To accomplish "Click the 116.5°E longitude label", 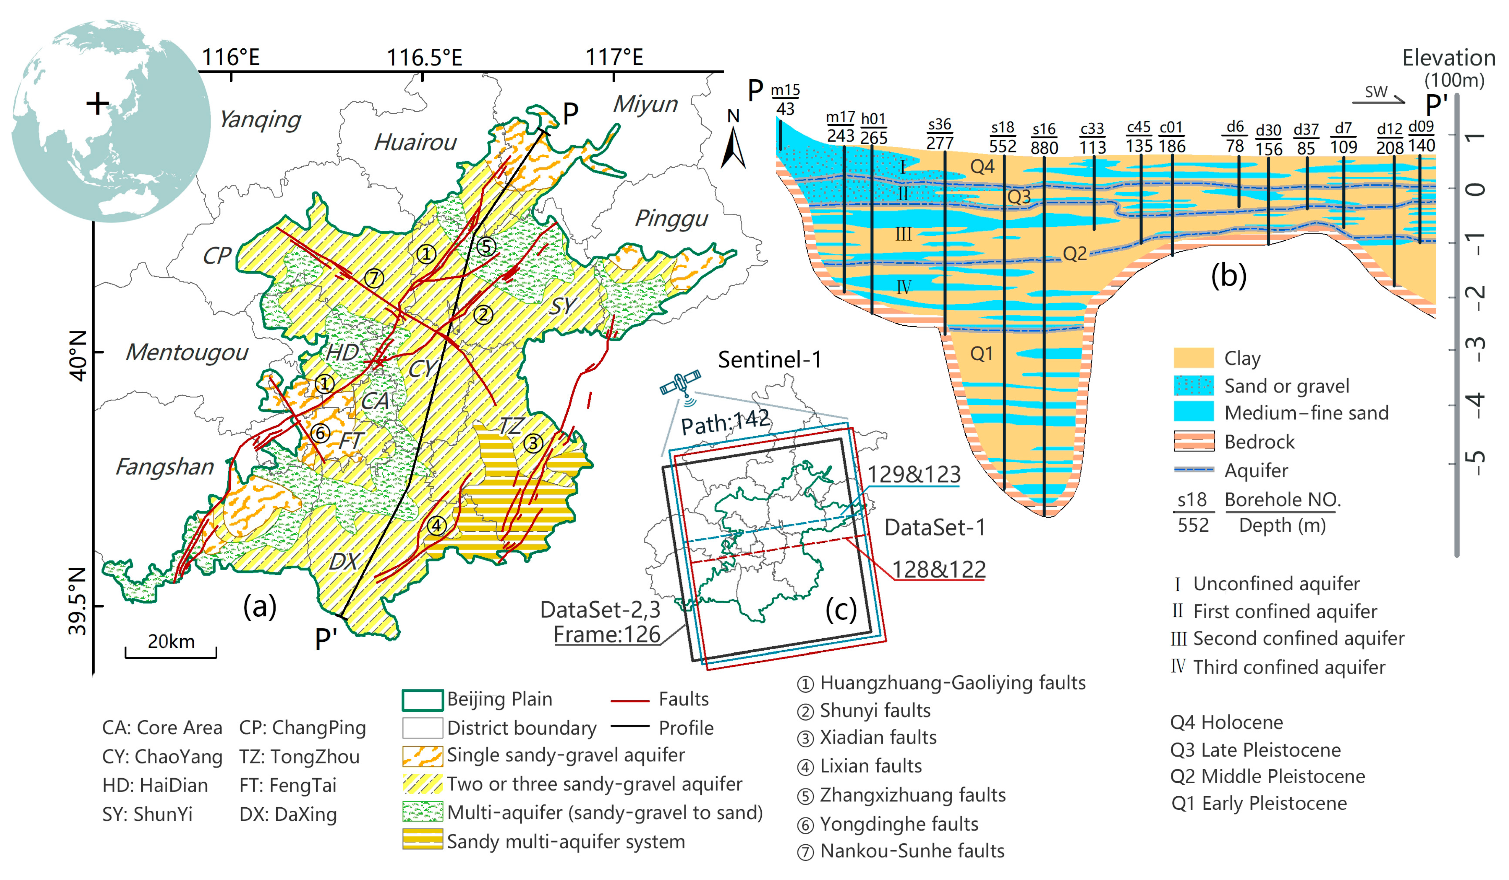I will tap(424, 58).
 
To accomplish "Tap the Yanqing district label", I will tap(259, 120).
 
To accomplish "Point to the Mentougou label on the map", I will tap(187, 353).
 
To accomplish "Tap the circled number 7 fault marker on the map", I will tap(374, 278).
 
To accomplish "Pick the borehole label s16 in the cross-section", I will tap(1044, 129).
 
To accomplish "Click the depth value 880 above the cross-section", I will tap(1044, 147).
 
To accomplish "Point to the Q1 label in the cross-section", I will tap(981, 354).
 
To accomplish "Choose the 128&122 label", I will tap(938, 569).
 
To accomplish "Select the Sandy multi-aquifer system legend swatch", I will tap(423, 841).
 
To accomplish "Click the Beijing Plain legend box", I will tap(423, 699).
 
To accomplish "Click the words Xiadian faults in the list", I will tap(878, 737).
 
